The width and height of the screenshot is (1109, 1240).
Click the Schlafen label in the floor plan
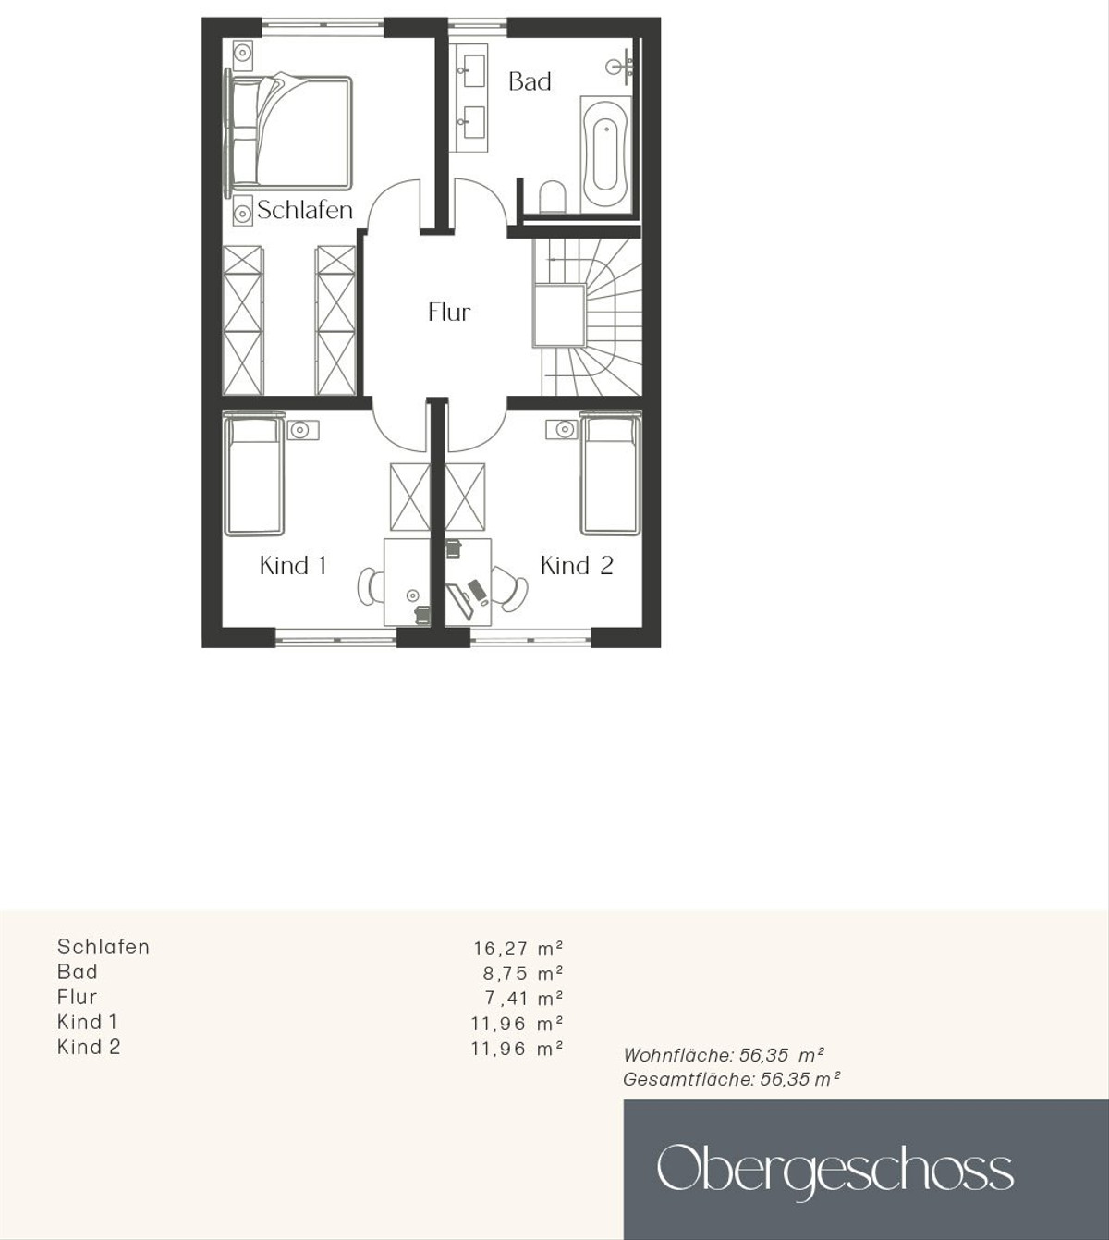305,210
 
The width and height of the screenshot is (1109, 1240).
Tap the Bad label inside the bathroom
530,81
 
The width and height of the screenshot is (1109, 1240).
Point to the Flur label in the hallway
449,313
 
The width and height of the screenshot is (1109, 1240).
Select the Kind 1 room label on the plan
293,566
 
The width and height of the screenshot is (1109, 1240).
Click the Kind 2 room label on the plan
577,566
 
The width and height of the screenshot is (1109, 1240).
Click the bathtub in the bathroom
605,154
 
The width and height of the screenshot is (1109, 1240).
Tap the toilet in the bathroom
553,196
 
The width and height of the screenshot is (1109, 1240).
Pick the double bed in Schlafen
288,130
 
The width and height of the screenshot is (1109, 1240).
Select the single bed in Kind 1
254,473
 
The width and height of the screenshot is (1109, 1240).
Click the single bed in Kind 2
611,473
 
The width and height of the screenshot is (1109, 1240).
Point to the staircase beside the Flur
587,317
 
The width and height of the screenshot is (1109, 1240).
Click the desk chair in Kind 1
370,585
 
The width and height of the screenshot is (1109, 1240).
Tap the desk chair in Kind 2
510,587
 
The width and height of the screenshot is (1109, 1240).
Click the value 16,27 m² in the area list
518,948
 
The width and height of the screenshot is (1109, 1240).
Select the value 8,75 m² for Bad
523,973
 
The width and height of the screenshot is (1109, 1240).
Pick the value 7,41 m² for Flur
524,999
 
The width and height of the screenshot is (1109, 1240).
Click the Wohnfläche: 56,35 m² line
724,1054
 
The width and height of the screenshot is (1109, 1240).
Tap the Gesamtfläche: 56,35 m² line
732,1079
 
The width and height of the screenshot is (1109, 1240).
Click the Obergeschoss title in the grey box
835,1169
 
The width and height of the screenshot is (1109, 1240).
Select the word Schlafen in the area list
104,947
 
